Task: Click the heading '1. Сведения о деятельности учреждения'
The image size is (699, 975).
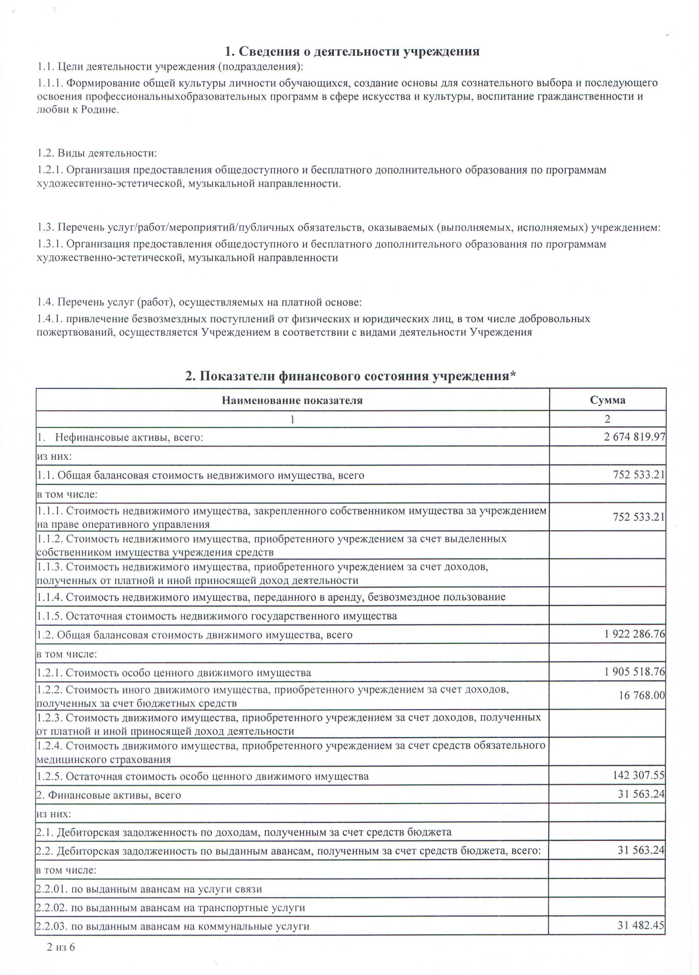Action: pyautogui.click(x=352, y=52)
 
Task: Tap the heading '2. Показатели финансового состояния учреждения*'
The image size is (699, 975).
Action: pyautogui.click(x=350, y=376)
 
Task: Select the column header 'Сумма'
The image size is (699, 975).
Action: pyautogui.click(x=607, y=400)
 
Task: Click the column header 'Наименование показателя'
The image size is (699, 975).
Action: pyautogui.click(x=292, y=401)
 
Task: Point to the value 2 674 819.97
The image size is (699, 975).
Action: pyautogui.click(x=634, y=437)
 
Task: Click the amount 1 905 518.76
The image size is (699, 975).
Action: pyautogui.click(x=634, y=671)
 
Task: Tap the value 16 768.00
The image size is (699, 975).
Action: pyautogui.click(x=642, y=695)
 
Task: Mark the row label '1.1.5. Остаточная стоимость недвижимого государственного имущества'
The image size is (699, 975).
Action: pyautogui.click(x=217, y=616)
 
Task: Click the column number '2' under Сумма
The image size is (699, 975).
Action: pyautogui.click(x=607, y=419)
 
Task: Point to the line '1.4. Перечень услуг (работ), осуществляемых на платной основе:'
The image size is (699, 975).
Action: pyautogui.click(x=199, y=302)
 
